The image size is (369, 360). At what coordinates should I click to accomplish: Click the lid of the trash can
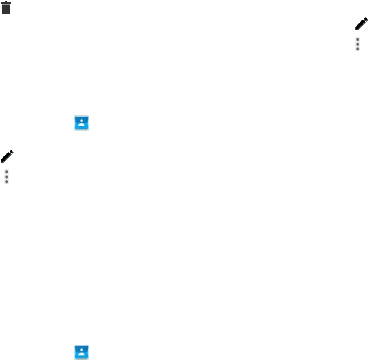point(6,4)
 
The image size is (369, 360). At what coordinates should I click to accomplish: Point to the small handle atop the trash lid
point(6,2)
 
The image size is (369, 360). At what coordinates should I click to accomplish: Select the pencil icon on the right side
point(361,24)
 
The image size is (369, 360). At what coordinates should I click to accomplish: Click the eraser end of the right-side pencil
point(366,19)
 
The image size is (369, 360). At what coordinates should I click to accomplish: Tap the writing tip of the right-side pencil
point(357,29)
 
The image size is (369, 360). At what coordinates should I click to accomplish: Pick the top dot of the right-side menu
point(358,39)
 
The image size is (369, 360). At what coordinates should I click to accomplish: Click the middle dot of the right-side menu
point(358,44)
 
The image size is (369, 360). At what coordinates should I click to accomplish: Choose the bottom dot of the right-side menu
point(358,49)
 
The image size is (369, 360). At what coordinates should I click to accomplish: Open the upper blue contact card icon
point(81,123)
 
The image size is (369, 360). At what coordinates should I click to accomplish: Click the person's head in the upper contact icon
point(81,121)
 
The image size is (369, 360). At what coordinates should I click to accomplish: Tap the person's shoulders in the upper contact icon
point(81,125)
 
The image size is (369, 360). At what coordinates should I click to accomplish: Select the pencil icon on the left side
point(7,156)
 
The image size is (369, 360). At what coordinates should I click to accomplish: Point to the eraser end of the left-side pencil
point(12,152)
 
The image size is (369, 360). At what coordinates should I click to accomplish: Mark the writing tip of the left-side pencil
point(2,161)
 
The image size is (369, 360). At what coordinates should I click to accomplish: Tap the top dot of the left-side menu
point(6,172)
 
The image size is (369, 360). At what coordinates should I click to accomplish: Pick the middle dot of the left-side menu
point(6,176)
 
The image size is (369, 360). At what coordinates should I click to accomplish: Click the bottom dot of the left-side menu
point(6,181)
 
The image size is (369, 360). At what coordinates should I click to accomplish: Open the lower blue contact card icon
point(81,352)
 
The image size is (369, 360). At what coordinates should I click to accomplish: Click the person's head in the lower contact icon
point(81,351)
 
